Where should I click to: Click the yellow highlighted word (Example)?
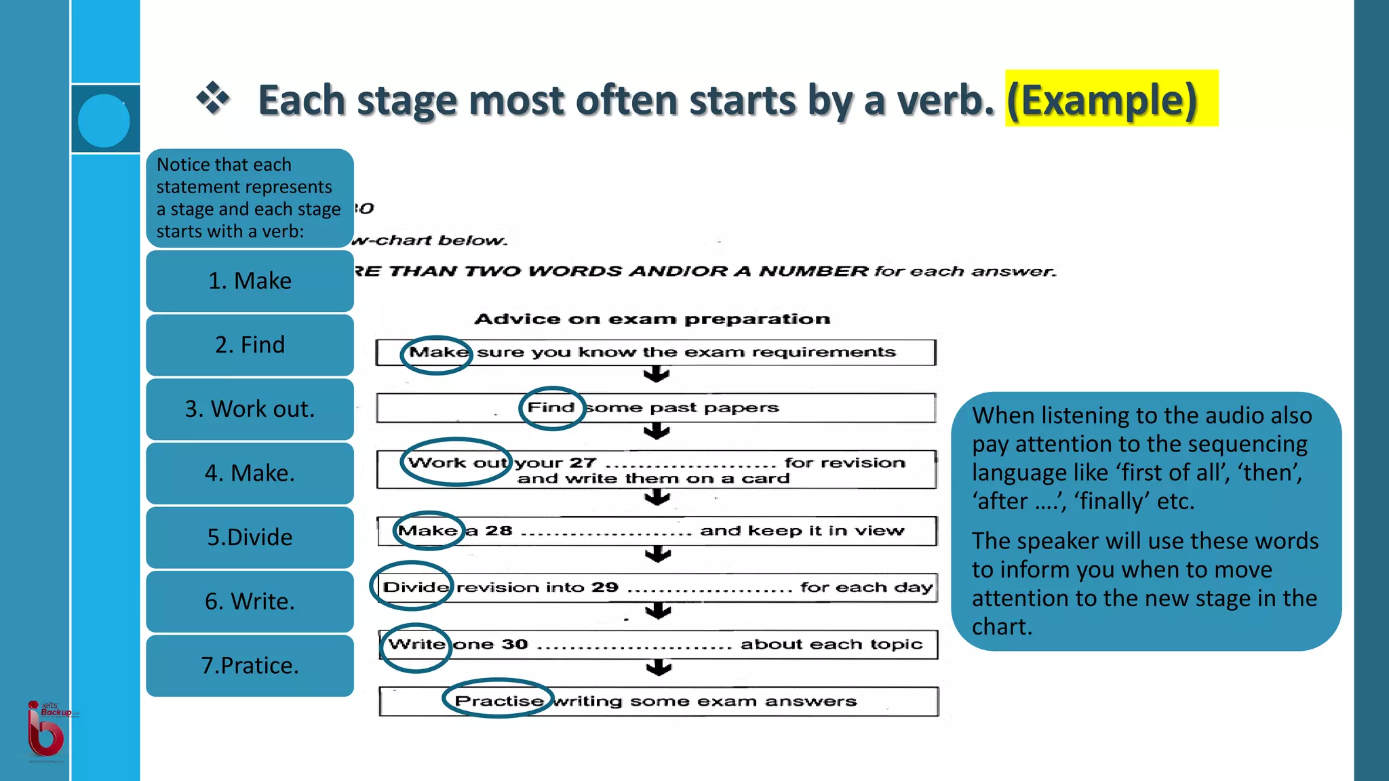pos(1103,100)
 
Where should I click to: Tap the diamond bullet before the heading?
pos(213,98)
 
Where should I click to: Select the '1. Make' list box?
pos(250,281)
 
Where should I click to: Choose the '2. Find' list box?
pos(250,344)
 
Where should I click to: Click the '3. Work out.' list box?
pos(250,409)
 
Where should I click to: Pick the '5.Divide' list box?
pos(250,537)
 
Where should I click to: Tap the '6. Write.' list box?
pos(250,601)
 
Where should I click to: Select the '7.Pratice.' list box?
pos(250,665)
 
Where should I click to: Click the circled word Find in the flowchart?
pos(551,407)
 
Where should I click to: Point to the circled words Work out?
pos(456,462)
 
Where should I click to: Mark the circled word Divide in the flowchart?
pos(415,587)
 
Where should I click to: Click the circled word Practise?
pos(498,700)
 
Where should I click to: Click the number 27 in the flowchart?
pos(582,462)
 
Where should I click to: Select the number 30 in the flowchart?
pos(515,644)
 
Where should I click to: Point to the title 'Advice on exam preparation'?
pos(652,319)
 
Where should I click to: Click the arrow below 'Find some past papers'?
pos(657,431)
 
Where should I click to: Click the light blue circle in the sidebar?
pos(104,121)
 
